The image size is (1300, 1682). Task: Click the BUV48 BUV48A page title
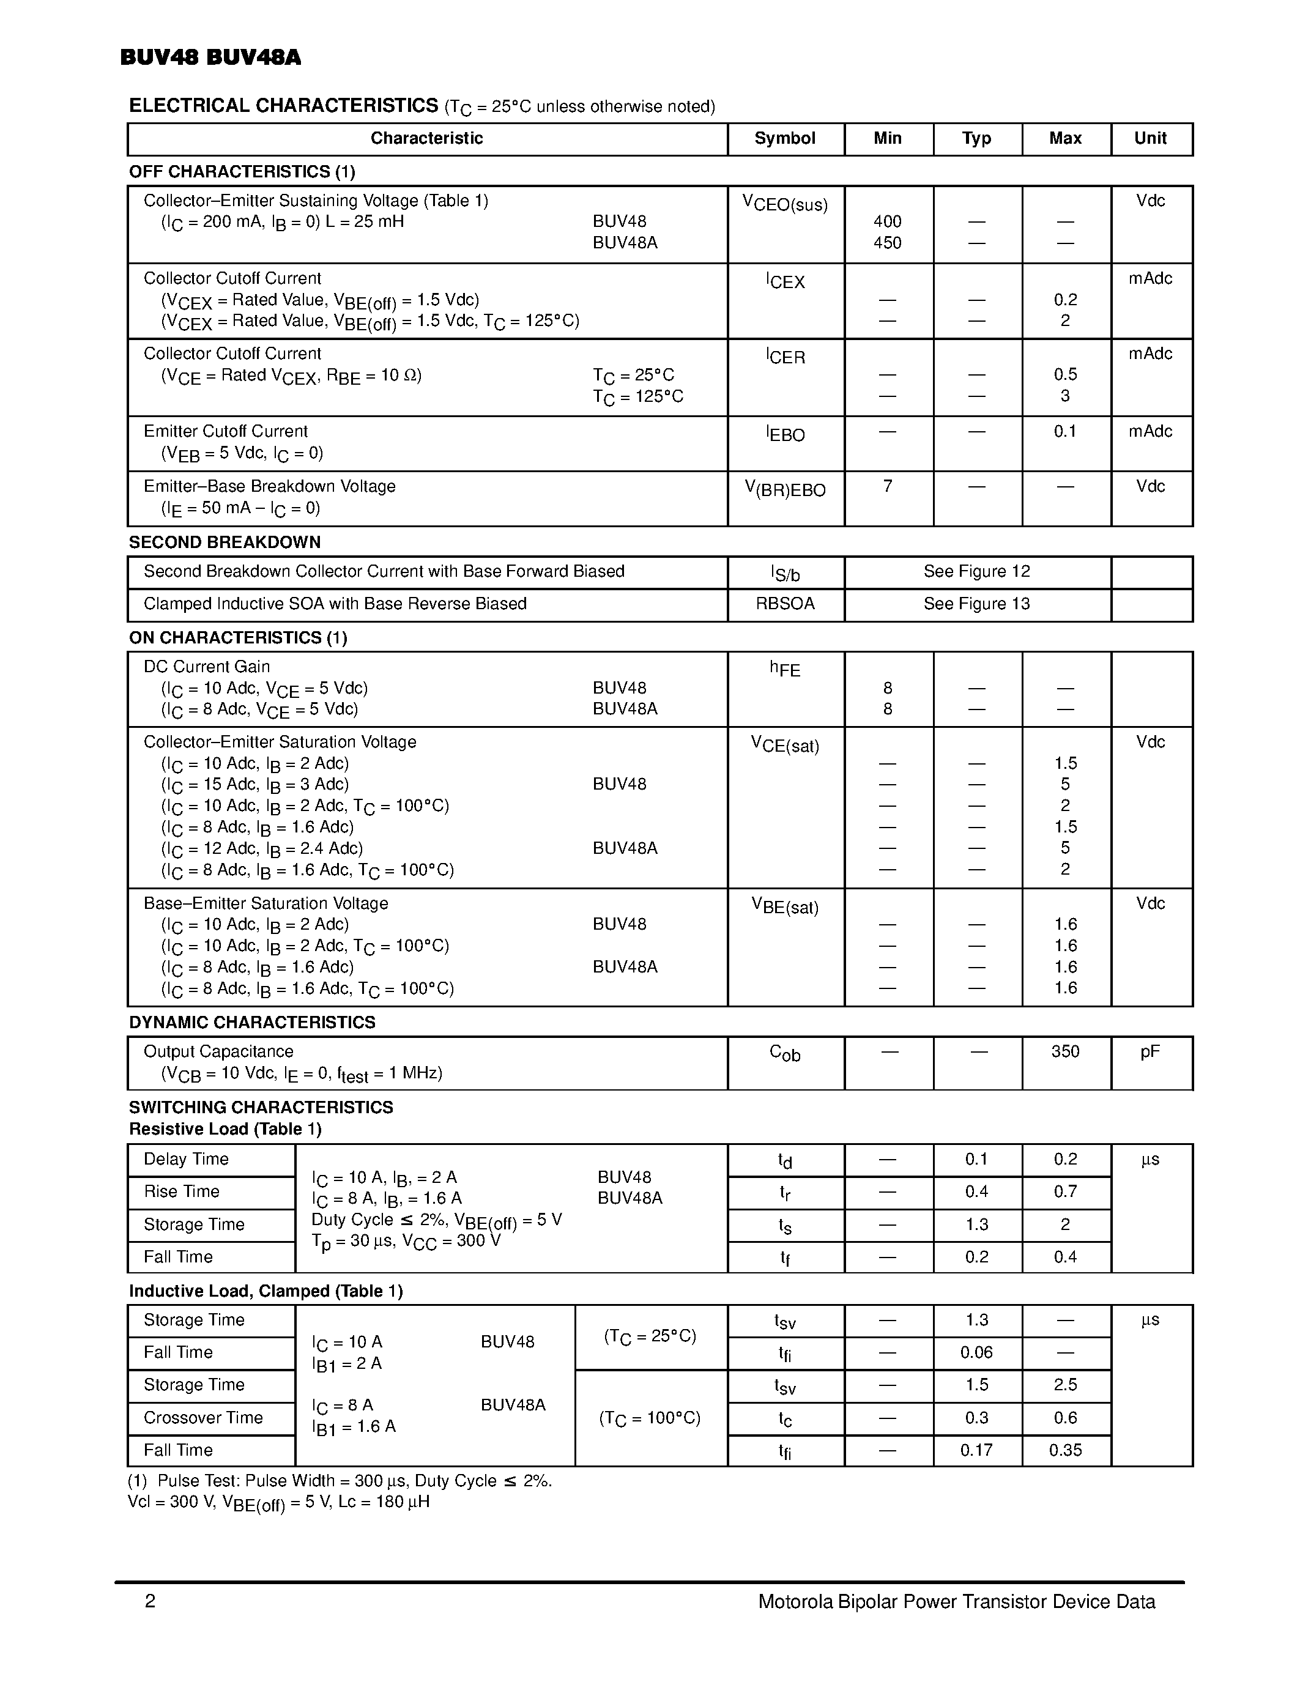(x=210, y=57)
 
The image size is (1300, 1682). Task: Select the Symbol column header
(x=784, y=139)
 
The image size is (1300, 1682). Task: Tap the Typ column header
(x=976, y=139)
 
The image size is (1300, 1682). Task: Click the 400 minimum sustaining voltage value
(x=887, y=222)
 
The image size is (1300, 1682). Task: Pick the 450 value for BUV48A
(x=887, y=243)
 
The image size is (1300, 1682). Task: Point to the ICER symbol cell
(x=785, y=357)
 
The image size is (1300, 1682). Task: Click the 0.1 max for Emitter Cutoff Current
(x=1064, y=431)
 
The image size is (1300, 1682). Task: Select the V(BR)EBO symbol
(x=784, y=489)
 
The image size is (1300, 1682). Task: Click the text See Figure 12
(x=976, y=571)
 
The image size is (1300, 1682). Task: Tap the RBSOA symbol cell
(x=784, y=604)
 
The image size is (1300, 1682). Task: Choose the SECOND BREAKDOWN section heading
(x=224, y=542)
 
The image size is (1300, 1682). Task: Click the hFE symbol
(x=784, y=669)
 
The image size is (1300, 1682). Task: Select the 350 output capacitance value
(x=1064, y=1051)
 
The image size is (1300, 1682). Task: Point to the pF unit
(x=1150, y=1051)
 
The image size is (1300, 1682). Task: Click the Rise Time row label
(x=182, y=1191)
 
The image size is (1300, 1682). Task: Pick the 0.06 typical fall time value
(x=976, y=1352)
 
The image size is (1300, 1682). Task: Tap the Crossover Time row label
(x=203, y=1418)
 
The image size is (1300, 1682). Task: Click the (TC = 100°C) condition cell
(x=649, y=1418)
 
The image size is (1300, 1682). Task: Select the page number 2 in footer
(x=150, y=1602)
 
